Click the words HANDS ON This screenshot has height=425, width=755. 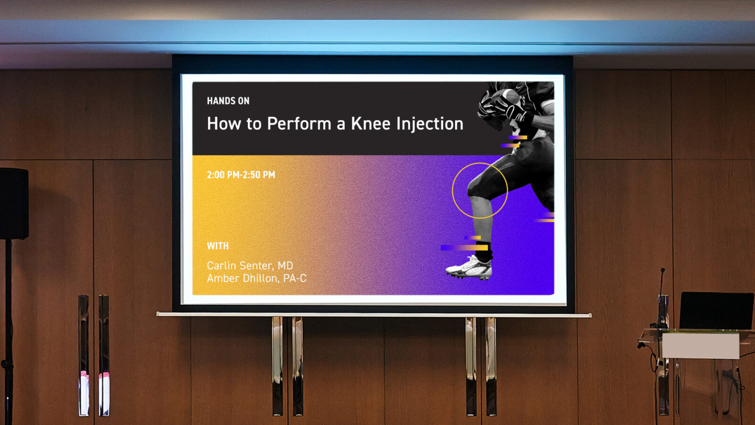pyautogui.click(x=228, y=101)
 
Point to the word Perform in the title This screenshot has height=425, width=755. pyautogui.click(x=299, y=123)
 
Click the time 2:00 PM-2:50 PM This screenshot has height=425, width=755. pyautogui.click(x=241, y=175)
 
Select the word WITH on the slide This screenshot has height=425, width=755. pyautogui.click(x=218, y=246)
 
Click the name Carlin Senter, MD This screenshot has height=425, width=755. pyautogui.click(x=250, y=266)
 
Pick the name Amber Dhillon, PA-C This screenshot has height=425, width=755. pyautogui.click(x=257, y=278)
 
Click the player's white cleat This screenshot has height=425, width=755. pyautogui.click(x=469, y=268)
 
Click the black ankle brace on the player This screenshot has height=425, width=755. pyautogui.click(x=484, y=252)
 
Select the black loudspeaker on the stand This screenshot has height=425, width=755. pyautogui.click(x=14, y=204)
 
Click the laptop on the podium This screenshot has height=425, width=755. pyautogui.click(x=716, y=311)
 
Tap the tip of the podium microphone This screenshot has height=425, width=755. pyautogui.click(x=663, y=270)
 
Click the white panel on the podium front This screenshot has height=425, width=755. pyautogui.click(x=700, y=345)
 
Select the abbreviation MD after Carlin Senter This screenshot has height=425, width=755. pyautogui.click(x=285, y=266)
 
